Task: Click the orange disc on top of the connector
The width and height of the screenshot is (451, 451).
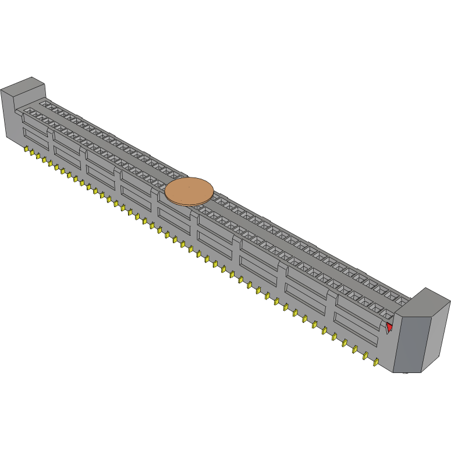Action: [189, 191]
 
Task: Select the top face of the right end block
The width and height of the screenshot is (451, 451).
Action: [428, 300]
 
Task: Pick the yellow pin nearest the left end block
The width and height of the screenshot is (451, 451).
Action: [26, 150]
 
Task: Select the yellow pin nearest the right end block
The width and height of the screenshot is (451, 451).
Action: [376, 363]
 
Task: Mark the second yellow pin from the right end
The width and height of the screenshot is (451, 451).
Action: [366, 356]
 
